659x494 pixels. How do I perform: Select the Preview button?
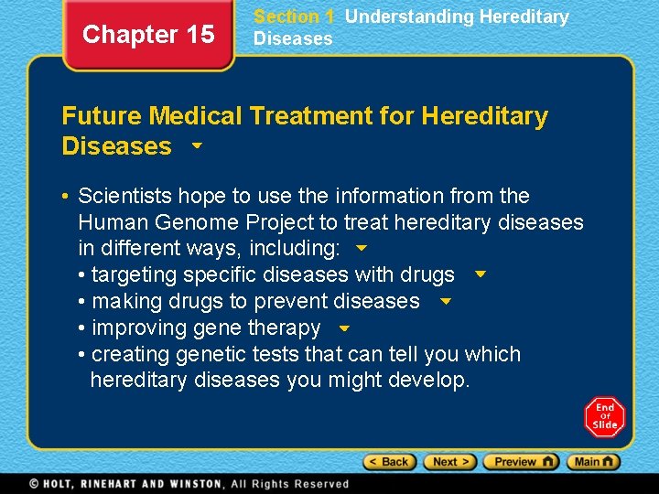coord(520,462)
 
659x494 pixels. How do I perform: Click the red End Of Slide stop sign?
coord(604,416)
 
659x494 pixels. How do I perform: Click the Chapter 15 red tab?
coord(148,35)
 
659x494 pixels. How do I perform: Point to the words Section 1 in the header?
coord(293,16)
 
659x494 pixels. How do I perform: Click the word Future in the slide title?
coord(102,116)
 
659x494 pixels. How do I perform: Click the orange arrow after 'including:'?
coord(361,249)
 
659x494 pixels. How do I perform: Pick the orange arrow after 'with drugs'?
coord(481,274)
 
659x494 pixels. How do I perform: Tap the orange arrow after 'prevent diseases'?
coord(446,301)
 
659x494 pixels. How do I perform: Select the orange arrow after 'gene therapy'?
coord(344,328)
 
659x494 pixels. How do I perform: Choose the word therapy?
coord(289,328)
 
